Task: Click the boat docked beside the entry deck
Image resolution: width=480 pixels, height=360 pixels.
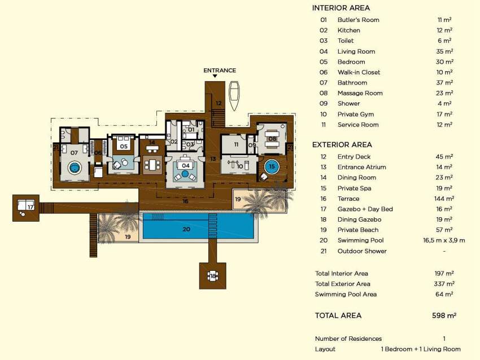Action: (234, 96)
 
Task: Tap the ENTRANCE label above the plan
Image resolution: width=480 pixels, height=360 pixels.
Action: (220, 71)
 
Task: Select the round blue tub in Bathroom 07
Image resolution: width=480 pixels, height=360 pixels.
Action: (74, 168)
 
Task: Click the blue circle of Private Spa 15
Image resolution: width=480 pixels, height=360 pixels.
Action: (272, 166)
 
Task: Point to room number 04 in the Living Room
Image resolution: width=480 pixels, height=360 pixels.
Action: (186, 165)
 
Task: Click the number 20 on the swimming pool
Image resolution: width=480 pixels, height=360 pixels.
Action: (186, 229)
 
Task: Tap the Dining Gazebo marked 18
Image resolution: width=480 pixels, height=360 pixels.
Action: (213, 276)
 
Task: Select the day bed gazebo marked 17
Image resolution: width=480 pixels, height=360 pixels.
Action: (26, 208)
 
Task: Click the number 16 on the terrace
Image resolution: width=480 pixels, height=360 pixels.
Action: (185, 201)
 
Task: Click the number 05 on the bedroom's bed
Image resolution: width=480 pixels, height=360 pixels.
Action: (124, 146)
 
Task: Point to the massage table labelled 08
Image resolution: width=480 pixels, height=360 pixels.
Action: (272, 139)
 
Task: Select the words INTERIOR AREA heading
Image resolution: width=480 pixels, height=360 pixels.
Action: (341, 8)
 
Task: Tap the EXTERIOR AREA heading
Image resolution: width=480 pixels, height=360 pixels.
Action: (342, 144)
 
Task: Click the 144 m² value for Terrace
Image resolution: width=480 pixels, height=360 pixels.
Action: (444, 199)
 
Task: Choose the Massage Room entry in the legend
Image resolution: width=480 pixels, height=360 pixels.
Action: (360, 93)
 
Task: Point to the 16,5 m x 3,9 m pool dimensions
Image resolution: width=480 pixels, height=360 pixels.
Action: (444, 240)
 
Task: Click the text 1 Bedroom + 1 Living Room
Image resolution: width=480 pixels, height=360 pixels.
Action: (421, 349)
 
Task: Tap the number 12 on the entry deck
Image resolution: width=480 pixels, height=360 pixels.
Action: (219, 103)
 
